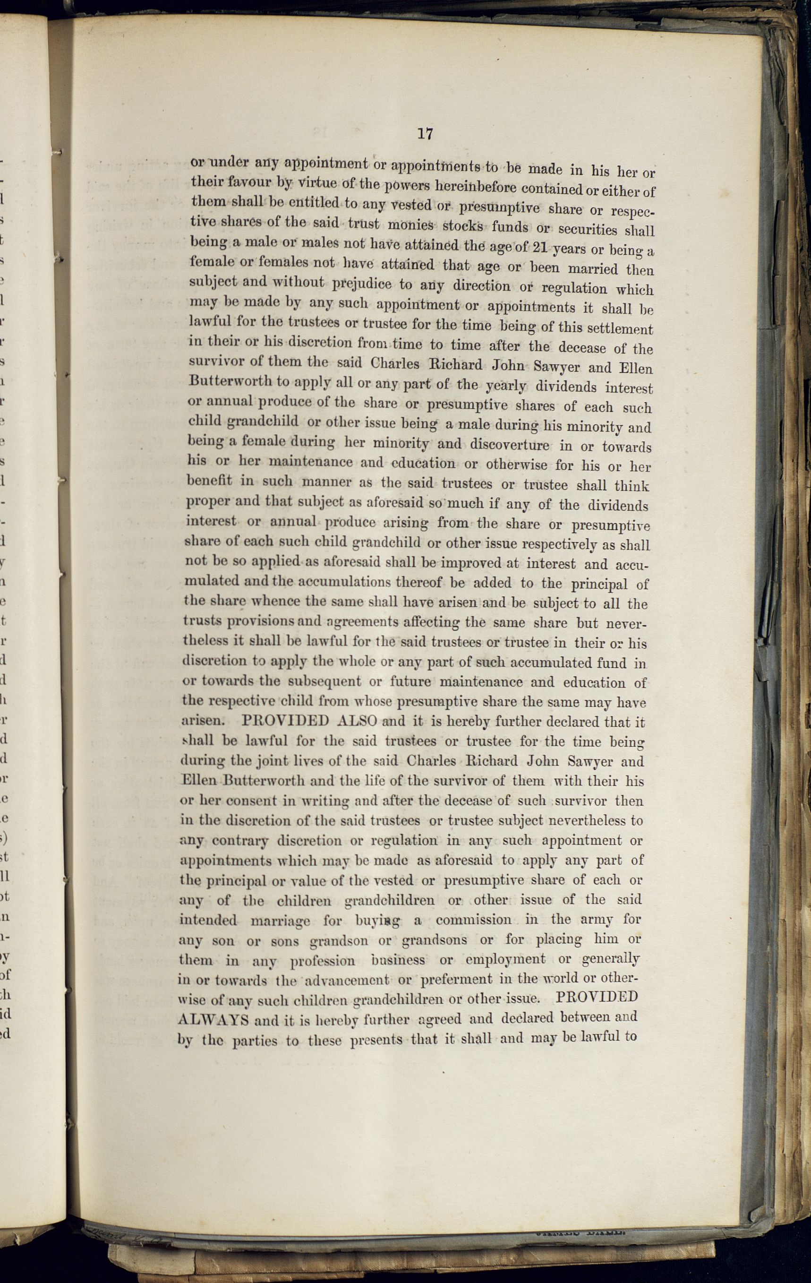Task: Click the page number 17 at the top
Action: tap(425, 134)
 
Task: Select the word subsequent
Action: tap(324, 681)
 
